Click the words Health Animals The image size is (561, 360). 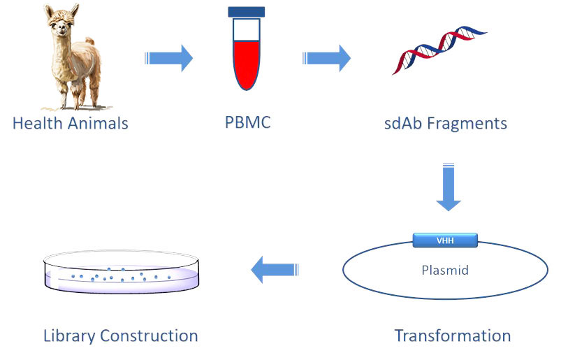[71, 124]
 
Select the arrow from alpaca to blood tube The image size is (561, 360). [168, 58]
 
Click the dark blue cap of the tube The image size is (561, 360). [246, 11]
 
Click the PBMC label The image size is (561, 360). [247, 124]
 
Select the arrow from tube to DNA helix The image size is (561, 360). [326, 58]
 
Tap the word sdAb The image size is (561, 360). [403, 124]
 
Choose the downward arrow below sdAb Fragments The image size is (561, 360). [448, 187]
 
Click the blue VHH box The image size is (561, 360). [445, 240]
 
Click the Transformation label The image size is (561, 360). [452, 335]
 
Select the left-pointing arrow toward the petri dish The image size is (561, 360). [275, 269]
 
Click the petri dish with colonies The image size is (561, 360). [121, 273]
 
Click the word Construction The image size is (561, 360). [150, 336]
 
